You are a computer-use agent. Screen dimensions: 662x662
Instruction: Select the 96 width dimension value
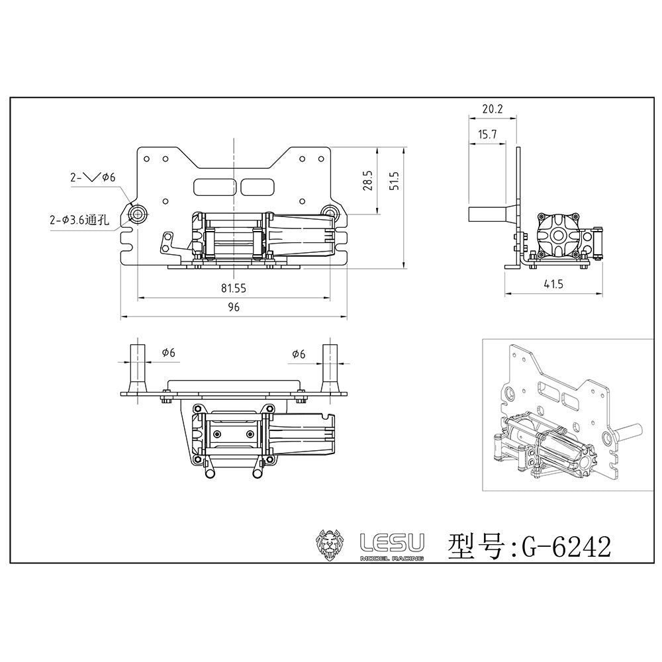tap(233, 307)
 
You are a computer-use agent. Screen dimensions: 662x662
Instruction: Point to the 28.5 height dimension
tap(369, 181)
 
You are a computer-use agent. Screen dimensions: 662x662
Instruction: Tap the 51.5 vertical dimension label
tap(396, 181)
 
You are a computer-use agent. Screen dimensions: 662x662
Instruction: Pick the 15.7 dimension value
tap(487, 134)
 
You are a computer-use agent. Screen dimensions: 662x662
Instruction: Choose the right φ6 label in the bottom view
tap(298, 354)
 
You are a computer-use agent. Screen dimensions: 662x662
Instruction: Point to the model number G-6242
tap(566, 547)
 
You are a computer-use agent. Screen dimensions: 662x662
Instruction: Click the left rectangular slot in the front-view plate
tap(214, 187)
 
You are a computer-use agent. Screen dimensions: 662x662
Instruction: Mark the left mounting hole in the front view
tap(138, 213)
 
